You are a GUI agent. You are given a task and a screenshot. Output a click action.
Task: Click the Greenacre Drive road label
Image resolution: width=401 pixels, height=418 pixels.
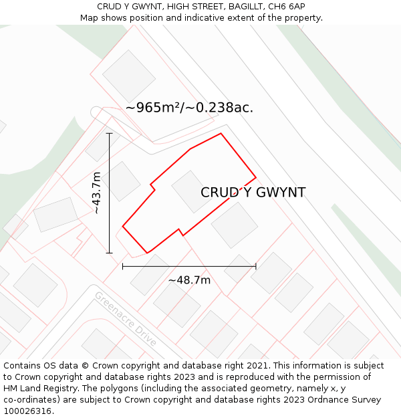click(x=126, y=318)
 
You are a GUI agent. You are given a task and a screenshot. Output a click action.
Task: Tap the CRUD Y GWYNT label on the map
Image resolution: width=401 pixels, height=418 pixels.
click(x=253, y=193)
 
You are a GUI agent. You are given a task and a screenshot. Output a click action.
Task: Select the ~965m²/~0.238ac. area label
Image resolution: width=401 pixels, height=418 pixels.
click(x=189, y=108)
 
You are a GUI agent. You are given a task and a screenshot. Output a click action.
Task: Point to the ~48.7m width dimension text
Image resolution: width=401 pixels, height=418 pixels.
click(x=189, y=280)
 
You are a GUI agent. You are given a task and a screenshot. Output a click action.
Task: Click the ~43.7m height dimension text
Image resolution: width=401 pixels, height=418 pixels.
click(x=97, y=193)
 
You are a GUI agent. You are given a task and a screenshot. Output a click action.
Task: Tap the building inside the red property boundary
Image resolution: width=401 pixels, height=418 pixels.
click(x=192, y=191)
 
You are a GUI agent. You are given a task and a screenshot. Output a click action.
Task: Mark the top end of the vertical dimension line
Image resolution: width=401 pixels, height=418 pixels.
click(x=110, y=134)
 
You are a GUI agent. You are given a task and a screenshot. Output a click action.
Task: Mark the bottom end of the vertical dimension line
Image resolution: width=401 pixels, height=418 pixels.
click(x=110, y=253)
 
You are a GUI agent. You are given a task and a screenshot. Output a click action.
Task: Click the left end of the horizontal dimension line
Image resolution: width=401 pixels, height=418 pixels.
click(x=123, y=266)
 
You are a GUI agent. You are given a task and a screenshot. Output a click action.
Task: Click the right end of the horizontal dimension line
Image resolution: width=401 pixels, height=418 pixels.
click(x=255, y=266)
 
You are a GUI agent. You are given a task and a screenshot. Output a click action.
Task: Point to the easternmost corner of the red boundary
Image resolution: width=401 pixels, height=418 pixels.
click(x=256, y=178)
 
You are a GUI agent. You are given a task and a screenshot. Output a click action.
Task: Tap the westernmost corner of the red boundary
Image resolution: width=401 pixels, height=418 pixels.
click(x=122, y=226)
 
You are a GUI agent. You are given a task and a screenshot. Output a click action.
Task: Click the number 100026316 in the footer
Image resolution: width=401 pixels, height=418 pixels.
click(x=28, y=411)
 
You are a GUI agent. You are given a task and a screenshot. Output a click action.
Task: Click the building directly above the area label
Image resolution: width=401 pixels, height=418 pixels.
click(x=128, y=76)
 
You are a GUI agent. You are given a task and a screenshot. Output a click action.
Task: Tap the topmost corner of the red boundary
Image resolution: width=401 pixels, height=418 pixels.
click(x=221, y=133)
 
